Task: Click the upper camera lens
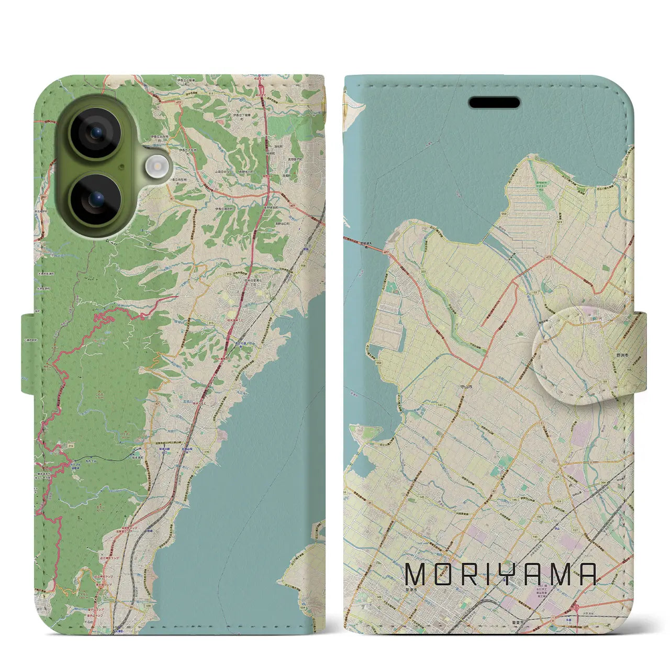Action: pos(95,133)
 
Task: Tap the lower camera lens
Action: pos(95,199)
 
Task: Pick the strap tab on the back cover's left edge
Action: pos(29,353)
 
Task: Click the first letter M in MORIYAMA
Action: pos(417,574)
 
